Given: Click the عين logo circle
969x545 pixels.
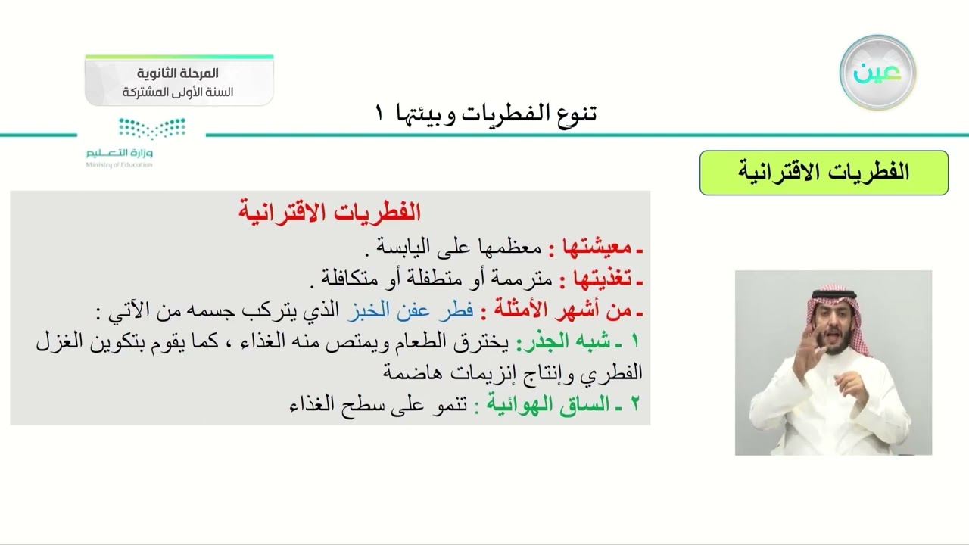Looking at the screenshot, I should pyautogui.click(x=877, y=73).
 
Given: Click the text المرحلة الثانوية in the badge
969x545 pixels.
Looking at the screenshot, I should pyautogui.click(x=179, y=73).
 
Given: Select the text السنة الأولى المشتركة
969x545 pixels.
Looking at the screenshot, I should pyautogui.click(x=179, y=92).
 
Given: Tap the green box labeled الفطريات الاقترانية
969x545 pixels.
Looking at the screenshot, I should pyautogui.click(x=824, y=173).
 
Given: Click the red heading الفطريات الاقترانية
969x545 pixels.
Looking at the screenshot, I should pyautogui.click(x=329, y=213).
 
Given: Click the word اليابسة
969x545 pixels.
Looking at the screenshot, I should pyautogui.click(x=401, y=247).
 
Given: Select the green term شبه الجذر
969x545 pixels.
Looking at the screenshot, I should pyautogui.click(x=557, y=342).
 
